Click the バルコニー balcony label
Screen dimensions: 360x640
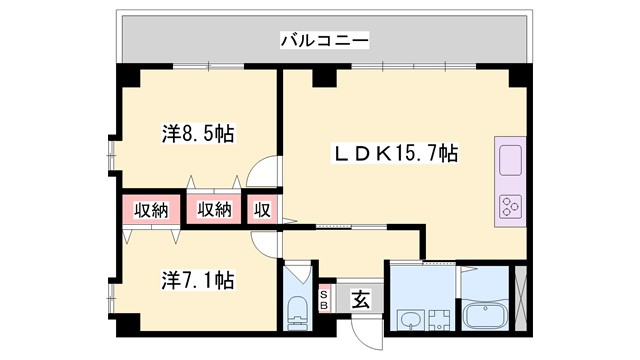324,41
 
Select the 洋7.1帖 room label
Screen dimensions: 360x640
199,281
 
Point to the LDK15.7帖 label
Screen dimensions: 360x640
395,154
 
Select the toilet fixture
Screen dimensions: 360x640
299,310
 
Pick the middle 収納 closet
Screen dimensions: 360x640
214,210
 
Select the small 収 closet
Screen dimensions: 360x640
262,210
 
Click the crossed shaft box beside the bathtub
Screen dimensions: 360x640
519,299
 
